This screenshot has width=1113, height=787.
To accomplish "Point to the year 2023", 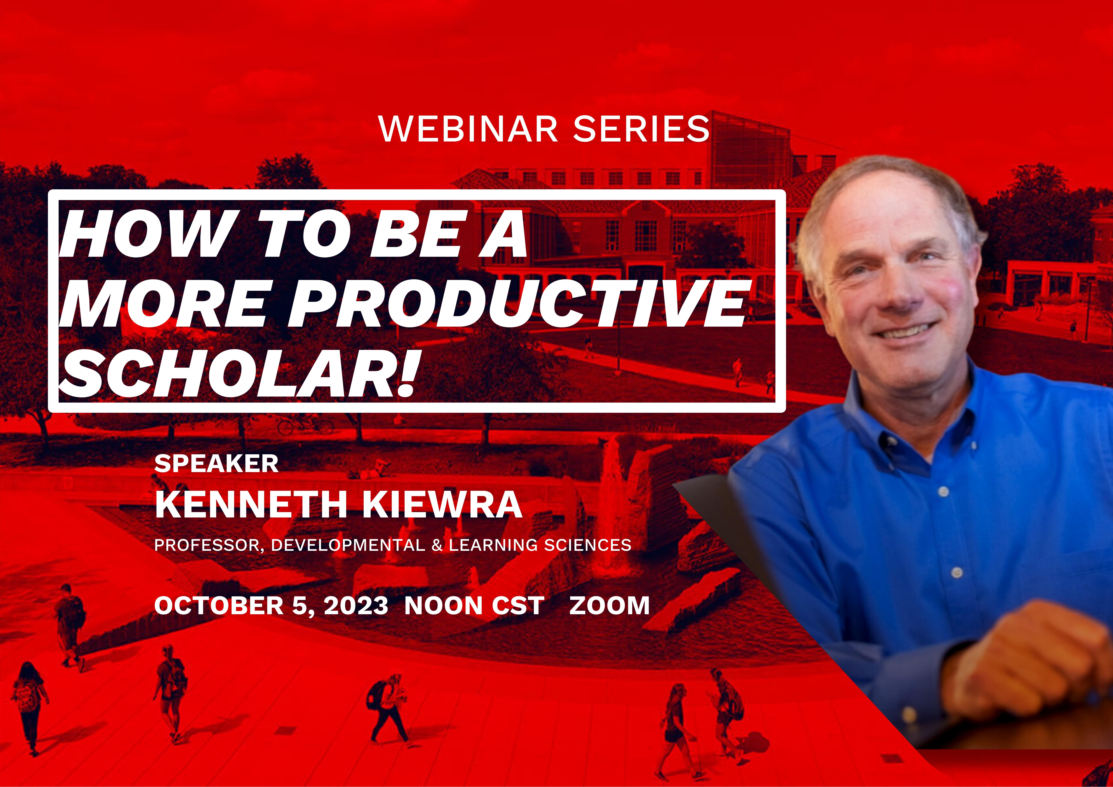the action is [356, 606].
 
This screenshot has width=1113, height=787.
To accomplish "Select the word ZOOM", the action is [609, 606].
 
